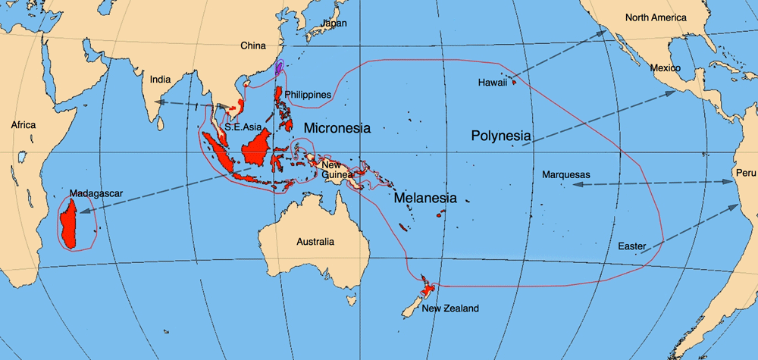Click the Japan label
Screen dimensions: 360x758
click(334, 23)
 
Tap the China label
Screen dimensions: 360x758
click(253, 46)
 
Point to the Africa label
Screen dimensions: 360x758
click(23, 125)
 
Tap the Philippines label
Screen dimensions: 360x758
click(308, 95)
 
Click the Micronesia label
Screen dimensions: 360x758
click(337, 129)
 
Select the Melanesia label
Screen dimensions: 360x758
click(424, 199)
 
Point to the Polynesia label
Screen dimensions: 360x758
click(500, 136)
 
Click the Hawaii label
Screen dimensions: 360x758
click(493, 82)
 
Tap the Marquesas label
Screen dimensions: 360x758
click(566, 175)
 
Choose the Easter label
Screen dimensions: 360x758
click(632, 246)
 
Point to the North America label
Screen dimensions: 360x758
click(656, 17)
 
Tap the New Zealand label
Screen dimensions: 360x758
click(450, 308)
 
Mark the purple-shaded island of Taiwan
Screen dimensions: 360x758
click(279, 68)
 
